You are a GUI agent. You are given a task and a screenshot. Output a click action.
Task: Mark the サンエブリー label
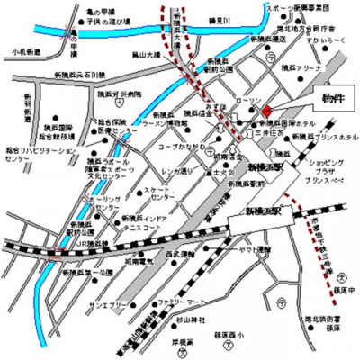105,305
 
